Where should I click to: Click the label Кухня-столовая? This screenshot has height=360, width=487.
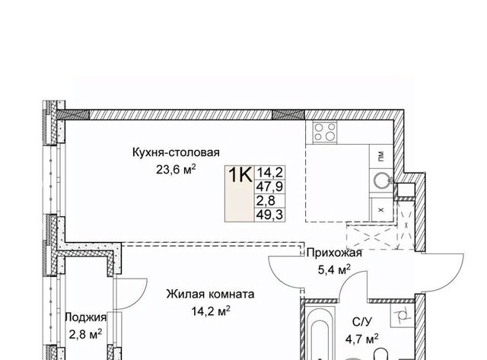coord(176,152)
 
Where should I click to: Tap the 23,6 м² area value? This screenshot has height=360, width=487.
coord(176,170)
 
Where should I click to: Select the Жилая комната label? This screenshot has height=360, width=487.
coord(210,294)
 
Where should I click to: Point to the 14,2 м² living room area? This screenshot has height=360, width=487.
coord(211,311)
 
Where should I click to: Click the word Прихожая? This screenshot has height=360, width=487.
coord(334,253)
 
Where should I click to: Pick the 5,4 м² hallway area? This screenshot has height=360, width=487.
coord(334,269)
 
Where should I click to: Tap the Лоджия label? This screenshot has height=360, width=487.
coord(85,317)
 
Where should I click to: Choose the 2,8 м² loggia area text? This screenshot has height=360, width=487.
coord(85,335)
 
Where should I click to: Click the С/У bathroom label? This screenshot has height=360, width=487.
coord(362,322)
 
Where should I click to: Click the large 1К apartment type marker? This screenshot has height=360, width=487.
coord(240,175)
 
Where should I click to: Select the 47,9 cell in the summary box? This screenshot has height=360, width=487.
coord(269,187)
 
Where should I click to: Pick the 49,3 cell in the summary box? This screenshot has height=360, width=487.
coord(269,215)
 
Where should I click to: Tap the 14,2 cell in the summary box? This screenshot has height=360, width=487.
coord(269,172)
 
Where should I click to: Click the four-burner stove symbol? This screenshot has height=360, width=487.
coord(325,132)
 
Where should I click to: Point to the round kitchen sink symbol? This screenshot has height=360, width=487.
coord(381,180)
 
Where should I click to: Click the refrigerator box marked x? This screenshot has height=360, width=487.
coord(381,209)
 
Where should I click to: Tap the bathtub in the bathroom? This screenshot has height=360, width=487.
coord(320,333)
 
